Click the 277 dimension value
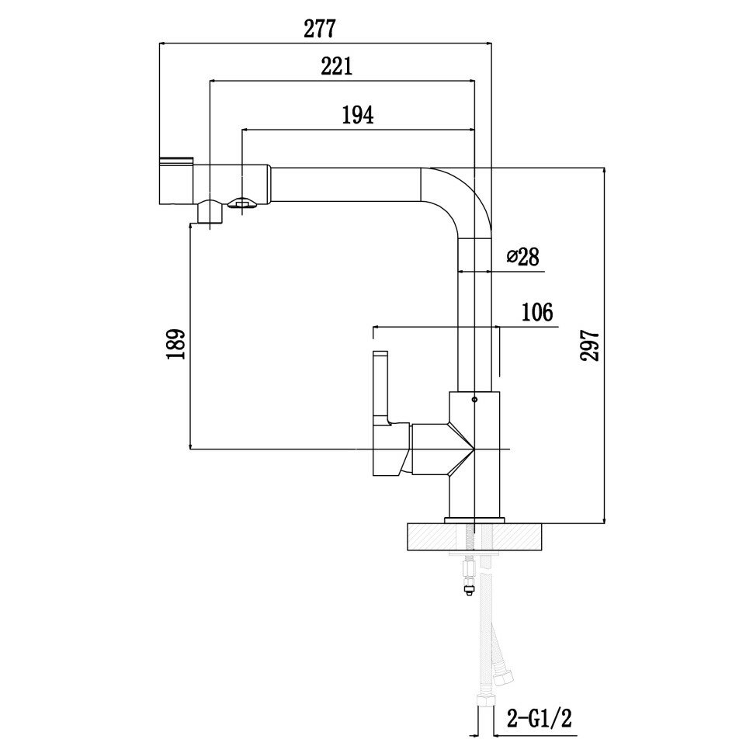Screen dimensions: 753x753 click(319, 29)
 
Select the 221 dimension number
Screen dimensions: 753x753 click(337, 67)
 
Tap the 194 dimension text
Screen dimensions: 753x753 click(358, 115)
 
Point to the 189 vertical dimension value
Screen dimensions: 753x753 click(176, 345)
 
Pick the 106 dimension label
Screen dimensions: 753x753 click(536, 313)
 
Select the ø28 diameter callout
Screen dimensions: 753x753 click(522, 257)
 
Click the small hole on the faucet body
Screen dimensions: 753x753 click(474, 401)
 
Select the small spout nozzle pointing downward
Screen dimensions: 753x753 click(210, 210)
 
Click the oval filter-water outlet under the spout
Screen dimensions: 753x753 click(241, 203)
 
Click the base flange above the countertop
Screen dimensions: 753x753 click(474, 518)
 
